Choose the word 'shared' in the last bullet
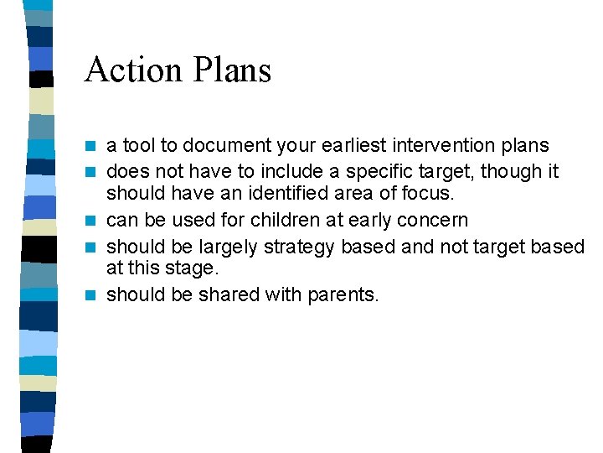(x=225, y=294)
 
